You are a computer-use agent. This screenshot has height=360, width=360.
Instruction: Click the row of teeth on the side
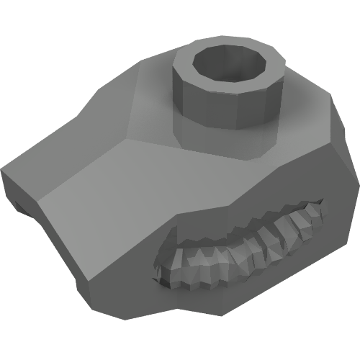tap(238, 248)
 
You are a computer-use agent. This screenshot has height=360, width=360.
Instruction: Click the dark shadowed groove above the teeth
tap(238, 220)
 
